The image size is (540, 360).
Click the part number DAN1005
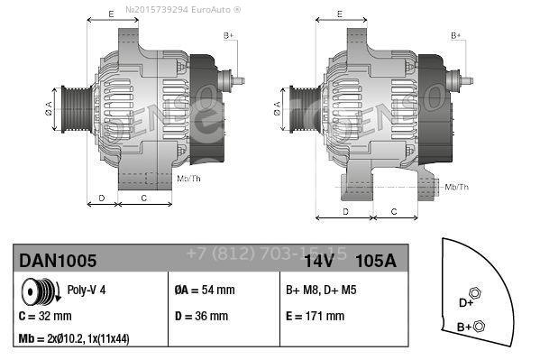pos(58,261)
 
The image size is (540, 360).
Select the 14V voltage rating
pos(320,261)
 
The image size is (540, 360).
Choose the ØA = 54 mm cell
pos(204,290)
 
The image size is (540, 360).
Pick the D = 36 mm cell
pos(203,317)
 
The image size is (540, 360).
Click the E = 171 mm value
pos(315,317)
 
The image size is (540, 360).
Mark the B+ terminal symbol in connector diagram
pos(479,326)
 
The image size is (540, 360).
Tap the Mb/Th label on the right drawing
pos(457,187)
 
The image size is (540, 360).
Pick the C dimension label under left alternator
pos(144,196)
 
